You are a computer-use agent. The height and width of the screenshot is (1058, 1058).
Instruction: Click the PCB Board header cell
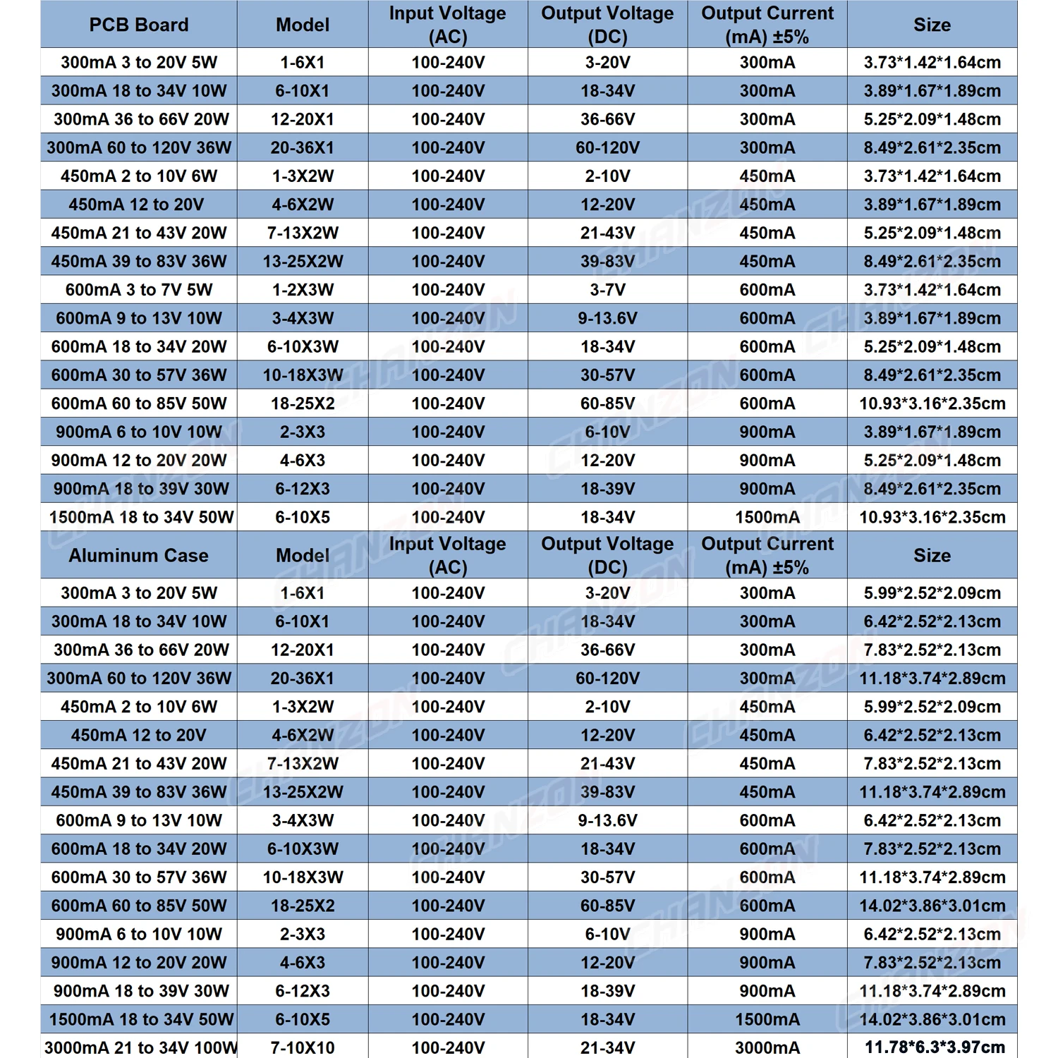[x=139, y=25]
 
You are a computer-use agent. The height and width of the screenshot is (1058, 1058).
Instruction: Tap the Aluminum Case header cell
[x=139, y=555]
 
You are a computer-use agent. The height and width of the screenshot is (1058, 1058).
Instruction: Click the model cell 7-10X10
[x=303, y=1047]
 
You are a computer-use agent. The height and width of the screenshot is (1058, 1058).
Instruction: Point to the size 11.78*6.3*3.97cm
[x=932, y=1047]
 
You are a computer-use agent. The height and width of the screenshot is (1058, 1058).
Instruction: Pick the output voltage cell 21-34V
[x=607, y=1047]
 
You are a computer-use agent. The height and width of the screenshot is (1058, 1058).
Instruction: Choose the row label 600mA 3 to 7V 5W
[x=139, y=290]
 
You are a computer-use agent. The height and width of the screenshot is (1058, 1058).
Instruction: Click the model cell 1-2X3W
[x=303, y=290]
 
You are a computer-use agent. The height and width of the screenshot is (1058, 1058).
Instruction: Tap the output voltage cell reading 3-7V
[x=607, y=290]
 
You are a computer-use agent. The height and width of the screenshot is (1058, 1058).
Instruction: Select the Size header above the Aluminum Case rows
[x=932, y=555]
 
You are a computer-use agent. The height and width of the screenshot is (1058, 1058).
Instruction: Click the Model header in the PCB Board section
[x=303, y=25]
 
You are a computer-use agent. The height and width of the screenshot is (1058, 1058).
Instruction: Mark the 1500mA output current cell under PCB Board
[x=767, y=517]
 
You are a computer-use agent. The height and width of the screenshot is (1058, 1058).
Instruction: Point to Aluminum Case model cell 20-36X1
[x=303, y=679]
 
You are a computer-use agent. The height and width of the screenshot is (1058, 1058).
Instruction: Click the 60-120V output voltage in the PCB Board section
[x=607, y=148]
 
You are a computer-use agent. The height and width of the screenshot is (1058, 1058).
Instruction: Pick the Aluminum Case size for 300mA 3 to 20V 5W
[x=932, y=593]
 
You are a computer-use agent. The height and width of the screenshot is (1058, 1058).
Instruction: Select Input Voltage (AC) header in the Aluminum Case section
[x=448, y=555]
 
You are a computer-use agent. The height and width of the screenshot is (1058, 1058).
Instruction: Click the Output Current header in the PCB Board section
[x=767, y=25]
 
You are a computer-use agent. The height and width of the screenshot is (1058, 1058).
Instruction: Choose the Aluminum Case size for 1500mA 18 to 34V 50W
[x=932, y=1019]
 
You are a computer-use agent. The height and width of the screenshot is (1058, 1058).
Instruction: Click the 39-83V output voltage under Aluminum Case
[x=607, y=792]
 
